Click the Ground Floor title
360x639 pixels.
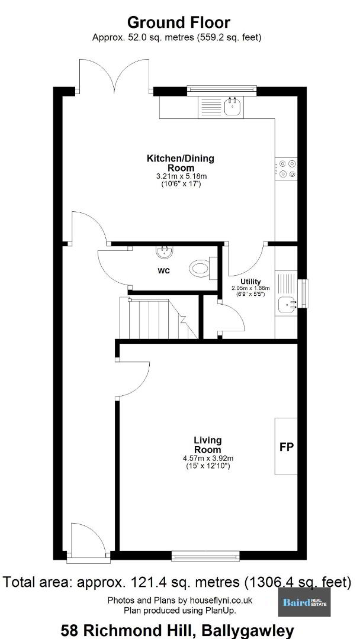[179, 22]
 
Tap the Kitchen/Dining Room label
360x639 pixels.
[180, 163]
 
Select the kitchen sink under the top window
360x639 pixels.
[233, 106]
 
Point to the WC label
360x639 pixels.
[164, 271]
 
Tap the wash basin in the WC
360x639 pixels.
[165, 251]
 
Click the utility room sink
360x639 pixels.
[287, 304]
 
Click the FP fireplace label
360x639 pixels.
[287, 447]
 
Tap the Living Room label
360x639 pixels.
[207, 444]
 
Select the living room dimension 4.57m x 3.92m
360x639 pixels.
[208, 459]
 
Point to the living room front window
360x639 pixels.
[205, 556]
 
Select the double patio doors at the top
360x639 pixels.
[116, 75]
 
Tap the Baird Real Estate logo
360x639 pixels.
[304, 602]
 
